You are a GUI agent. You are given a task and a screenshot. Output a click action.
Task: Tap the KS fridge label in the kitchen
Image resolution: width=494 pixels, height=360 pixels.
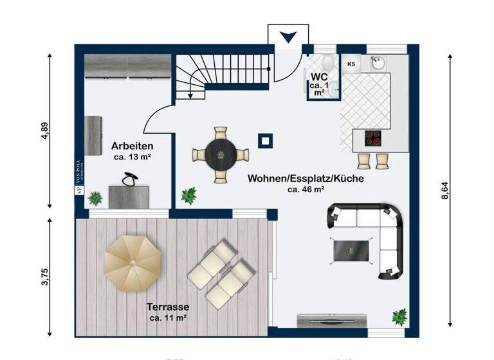351,64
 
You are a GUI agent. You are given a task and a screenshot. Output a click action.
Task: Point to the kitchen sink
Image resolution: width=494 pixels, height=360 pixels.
377,63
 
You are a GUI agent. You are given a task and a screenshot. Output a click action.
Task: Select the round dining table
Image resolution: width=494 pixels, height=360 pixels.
221,154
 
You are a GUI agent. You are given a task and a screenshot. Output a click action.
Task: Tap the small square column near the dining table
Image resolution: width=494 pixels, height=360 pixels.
264,139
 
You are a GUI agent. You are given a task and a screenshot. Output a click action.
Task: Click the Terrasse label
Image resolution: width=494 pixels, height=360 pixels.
168,307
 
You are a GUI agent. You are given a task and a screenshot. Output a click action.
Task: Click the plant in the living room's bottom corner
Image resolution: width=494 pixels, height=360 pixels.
400,316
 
